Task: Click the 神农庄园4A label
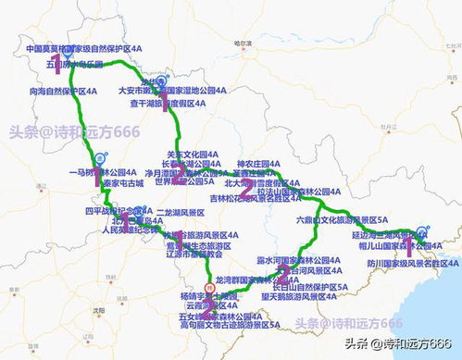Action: point(258,163)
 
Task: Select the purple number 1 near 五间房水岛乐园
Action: point(57,63)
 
